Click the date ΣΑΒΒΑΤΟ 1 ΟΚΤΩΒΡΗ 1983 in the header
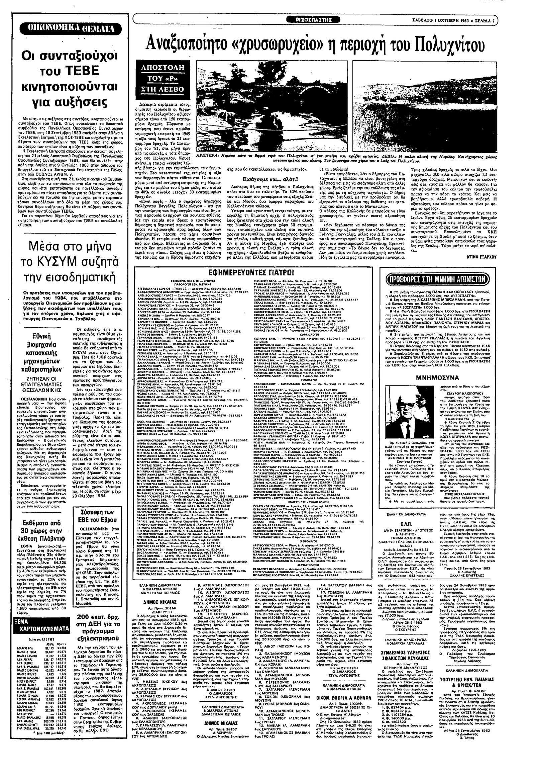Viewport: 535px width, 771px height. coord(450,20)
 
